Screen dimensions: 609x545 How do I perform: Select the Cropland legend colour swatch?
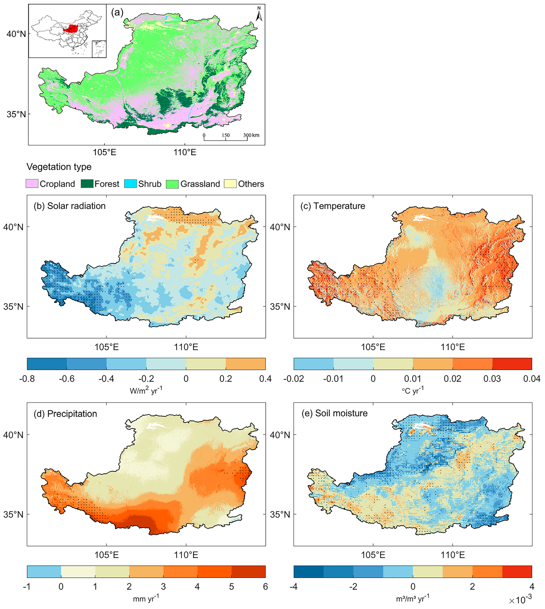pos(32,184)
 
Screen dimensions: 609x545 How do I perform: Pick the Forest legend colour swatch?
pos(87,184)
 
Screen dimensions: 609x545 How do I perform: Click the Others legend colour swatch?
pos(230,184)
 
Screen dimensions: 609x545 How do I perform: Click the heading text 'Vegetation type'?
pos(59,167)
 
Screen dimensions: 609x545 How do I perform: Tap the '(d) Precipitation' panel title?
pos(65,414)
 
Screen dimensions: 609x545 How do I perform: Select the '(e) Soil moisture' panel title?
pos(334,413)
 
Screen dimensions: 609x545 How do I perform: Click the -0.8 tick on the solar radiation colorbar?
pos(27,379)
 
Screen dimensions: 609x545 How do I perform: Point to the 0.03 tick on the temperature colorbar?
pos(492,379)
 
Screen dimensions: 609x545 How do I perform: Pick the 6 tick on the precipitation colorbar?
pos(265,586)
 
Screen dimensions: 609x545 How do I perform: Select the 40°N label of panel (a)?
pos(17,34)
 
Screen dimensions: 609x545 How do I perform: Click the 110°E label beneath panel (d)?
pos(186,555)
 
